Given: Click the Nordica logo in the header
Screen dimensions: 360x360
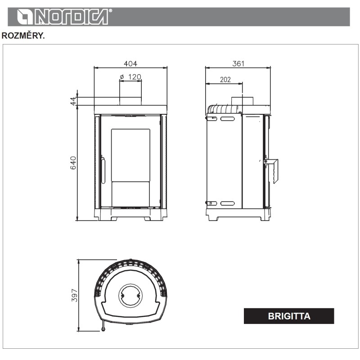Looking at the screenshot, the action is coord(63,17).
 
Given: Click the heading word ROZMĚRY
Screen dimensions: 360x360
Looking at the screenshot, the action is coord(23,36).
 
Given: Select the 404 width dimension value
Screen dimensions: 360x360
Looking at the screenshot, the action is coord(130,63).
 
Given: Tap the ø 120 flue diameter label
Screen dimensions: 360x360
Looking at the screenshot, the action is coord(130,76).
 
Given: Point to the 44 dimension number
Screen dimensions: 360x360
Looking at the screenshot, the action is coord(73,101).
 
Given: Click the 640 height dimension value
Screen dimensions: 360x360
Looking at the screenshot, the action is coord(73,163).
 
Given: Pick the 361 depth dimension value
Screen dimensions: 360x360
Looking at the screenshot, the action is coord(238,63).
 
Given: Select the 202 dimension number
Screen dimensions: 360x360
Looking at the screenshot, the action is coord(225,80).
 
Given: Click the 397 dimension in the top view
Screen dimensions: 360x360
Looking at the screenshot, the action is coord(75,296).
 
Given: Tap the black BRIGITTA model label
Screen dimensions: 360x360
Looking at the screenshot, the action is coord(289,316).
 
